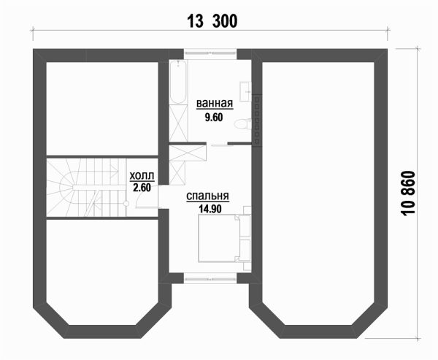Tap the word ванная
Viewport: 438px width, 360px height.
click(x=215, y=103)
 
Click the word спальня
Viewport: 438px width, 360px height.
click(x=208, y=196)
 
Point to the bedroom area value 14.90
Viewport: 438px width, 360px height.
click(x=209, y=207)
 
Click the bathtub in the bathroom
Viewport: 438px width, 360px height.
click(x=178, y=83)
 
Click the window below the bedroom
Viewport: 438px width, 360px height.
click(x=210, y=277)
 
